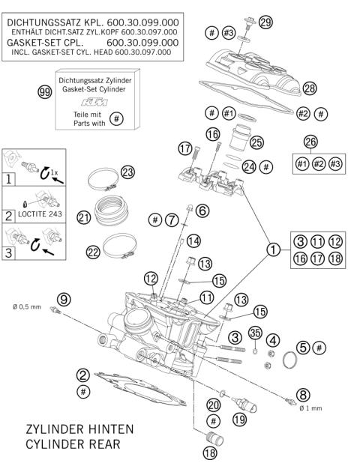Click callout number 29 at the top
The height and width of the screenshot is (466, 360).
coord(265,23)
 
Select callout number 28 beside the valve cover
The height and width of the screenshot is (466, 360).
coord(310,89)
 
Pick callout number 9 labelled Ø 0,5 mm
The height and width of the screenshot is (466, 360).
coord(64,299)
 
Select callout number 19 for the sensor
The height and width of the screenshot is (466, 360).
coord(238,420)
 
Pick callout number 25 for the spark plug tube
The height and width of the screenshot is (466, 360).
coord(256,142)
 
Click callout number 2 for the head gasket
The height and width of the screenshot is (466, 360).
coord(84,376)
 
